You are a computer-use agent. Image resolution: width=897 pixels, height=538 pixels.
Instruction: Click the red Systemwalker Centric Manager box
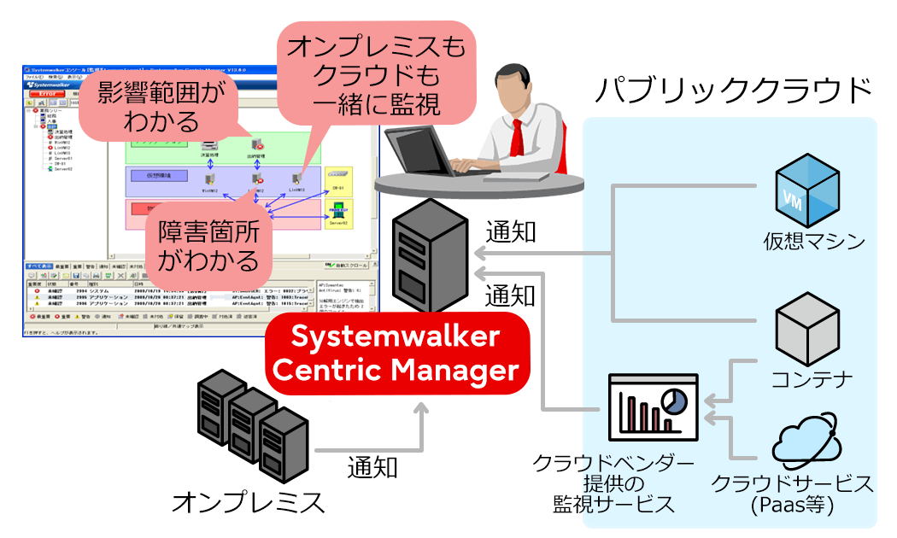tap(396, 353)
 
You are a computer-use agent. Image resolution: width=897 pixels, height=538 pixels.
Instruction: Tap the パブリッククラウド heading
tap(734, 89)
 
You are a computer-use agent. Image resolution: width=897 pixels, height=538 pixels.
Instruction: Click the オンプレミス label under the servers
tap(249, 501)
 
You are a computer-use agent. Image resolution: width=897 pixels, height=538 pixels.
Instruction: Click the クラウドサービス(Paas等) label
tap(792, 494)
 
